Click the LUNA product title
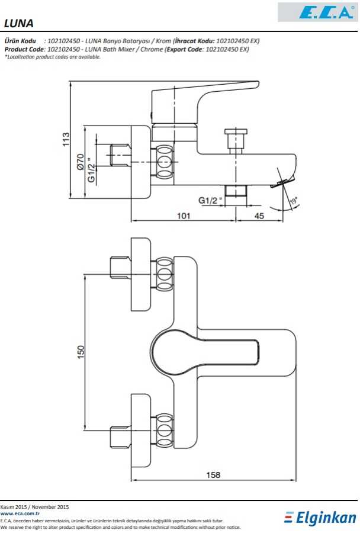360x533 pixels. [x=18, y=23]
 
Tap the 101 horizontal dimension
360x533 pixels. [x=184, y=216]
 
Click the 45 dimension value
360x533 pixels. [x=259, y=216]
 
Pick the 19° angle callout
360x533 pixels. [x=293, y=201]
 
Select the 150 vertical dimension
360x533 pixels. [x=81, y=351]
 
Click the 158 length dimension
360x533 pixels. [x=213, y=475]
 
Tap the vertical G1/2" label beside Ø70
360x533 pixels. [x=91, y=170]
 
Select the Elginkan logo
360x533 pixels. [x=320, y=518]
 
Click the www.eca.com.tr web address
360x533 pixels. [x=20, y=514]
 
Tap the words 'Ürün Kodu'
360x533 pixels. [x=21, y=41]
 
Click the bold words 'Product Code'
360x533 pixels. [x=24, y=49]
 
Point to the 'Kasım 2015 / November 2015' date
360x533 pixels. [x=35, y=507]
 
